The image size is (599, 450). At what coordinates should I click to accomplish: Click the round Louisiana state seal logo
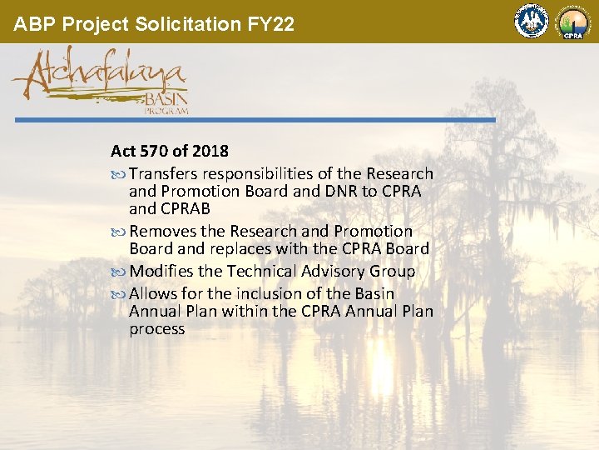pos(531,22)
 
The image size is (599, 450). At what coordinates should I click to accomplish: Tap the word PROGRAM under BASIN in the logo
pos(168,110)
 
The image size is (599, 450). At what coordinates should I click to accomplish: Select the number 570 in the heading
pos(156,152)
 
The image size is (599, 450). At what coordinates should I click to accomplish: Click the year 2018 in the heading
pos(210,152)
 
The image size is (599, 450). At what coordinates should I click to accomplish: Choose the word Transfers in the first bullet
pos(164,173)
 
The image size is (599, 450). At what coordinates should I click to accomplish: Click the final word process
pos(157,328)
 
